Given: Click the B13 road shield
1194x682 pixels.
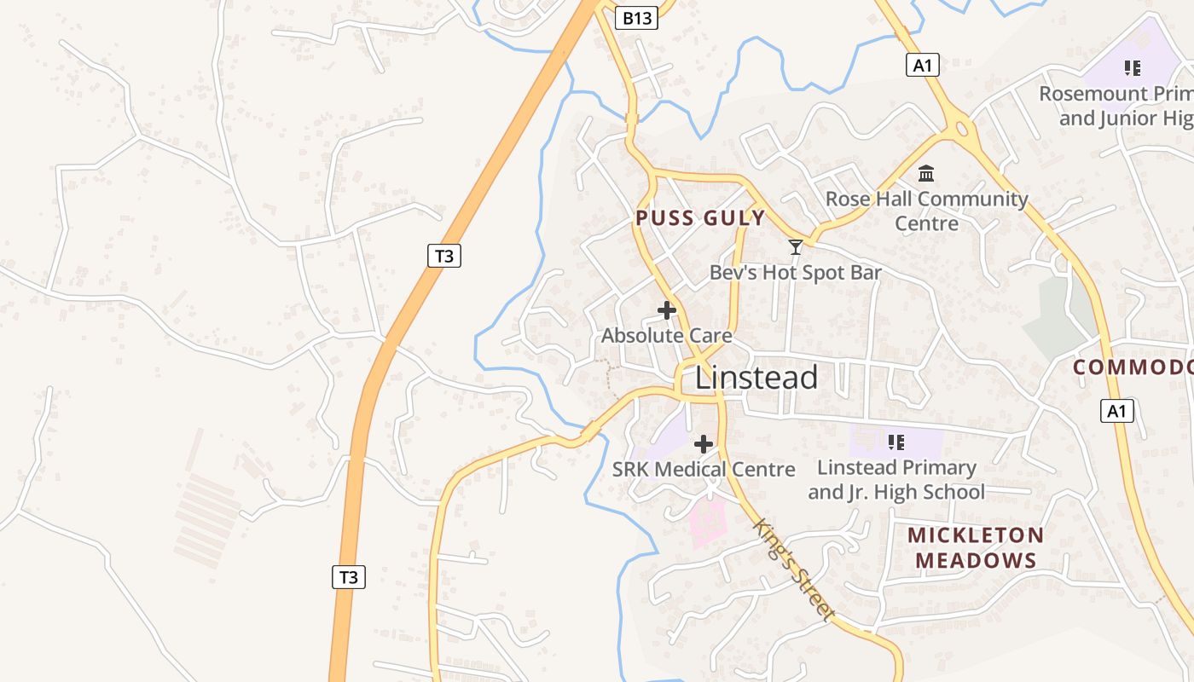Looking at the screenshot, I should click(636, 18).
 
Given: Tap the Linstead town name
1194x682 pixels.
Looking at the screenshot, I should click(756, 378).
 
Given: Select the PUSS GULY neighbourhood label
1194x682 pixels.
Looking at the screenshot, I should click(700, 218).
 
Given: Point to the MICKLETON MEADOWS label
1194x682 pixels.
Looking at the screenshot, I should click(975, 547).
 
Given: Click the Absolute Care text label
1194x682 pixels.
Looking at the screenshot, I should click(666, 336).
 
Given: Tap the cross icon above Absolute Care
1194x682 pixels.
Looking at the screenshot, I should click(667, 311).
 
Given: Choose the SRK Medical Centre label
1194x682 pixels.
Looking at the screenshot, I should click(704, 470).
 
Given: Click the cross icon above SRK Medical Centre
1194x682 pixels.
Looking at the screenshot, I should click(704, 444).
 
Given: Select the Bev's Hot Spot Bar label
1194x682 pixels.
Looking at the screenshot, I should click(796, 273).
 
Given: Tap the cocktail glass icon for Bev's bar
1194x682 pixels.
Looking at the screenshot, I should click(796, 247).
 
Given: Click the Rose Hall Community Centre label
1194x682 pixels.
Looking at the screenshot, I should click(927, 211).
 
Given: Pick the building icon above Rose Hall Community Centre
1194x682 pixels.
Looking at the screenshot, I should click(926, 175).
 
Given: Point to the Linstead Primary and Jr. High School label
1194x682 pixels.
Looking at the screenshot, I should click(896, 479).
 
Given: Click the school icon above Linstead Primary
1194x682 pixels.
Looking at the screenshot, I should click(895, 442).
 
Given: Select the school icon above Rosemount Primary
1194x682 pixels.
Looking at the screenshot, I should click(1133, 68).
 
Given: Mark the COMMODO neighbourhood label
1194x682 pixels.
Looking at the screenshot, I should click(1133, 367).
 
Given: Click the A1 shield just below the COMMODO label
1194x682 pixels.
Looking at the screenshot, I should click(1117, 411).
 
